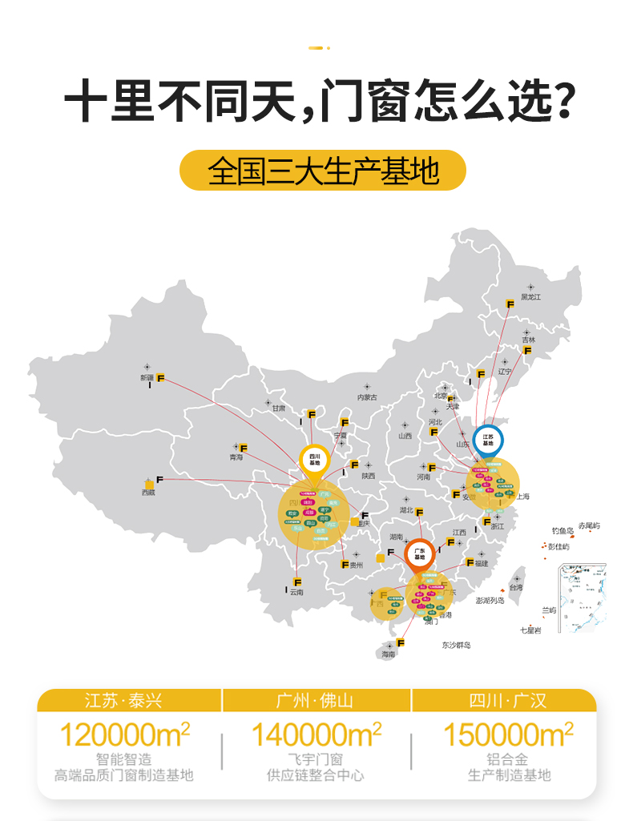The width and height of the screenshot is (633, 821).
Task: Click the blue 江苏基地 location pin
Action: [488, 441]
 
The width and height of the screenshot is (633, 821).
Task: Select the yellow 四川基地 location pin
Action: [314, 461]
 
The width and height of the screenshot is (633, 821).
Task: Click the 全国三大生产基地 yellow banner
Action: [322, 171]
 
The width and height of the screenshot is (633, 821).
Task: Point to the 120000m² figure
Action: [125, 734]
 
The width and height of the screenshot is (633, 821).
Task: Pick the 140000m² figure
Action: [316, 734]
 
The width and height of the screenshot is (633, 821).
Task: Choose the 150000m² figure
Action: [508, 734]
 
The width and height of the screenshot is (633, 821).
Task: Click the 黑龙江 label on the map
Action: [531, 297]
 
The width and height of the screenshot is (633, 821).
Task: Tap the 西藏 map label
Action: [149, 493]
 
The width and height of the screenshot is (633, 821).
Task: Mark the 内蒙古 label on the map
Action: [367, 396]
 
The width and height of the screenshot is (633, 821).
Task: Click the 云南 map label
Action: [297, 592]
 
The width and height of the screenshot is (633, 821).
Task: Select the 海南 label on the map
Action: [389, 654]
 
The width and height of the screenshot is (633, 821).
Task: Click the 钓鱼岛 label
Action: [563, 530]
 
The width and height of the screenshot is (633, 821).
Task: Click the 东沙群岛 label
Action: [456, 645]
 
